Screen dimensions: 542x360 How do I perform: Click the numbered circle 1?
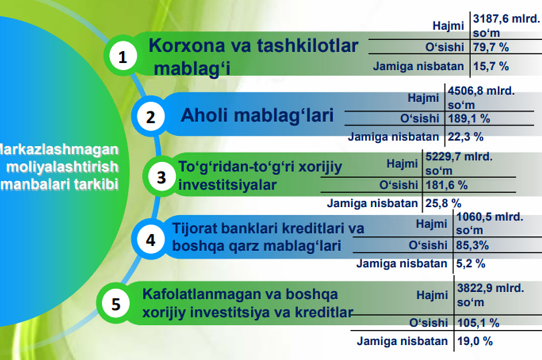pyautogui.click(x=123, y=56)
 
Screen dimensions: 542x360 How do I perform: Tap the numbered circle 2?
pyautogui.click(x=150, y=116)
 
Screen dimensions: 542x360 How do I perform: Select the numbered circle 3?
pyautogui.click(x=161, y=177)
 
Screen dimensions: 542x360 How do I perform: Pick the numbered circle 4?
pyautogui.click(x=150, y=239)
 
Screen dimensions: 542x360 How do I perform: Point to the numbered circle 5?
pyautogui.click(x=116, y=303)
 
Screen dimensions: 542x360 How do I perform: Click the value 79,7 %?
pyautogui.click(x=491, y=48)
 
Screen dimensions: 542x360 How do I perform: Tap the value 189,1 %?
pyautogui.click(x=469, y=119)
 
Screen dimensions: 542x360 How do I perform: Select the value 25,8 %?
pyautogui.click(x=443, y=203)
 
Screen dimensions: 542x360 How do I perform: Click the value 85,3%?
pyautogui.click(x=472, y=246)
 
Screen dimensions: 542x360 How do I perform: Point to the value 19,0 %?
pyautogui.click(x=475, y=341)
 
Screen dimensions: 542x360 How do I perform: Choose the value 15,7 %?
pyautogui.click(x=491, y=66)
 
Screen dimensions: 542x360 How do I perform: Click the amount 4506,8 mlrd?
pyautogui.click(x=481, y=91)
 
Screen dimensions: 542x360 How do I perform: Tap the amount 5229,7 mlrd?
pyautogui.click(x=458, y=157)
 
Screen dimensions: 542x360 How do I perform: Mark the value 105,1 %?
pyautogui.click(x=478, y=323)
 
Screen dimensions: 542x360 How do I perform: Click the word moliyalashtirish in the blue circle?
pyautogui.click(x=62, y=167)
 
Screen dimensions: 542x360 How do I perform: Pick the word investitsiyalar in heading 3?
pyautogui.click(x=227, y=185)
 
